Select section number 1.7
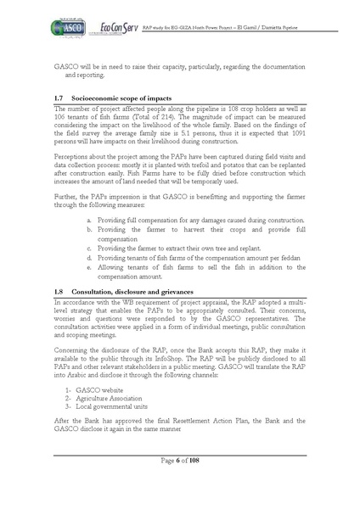coord(58,99)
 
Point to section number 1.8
coord(58,291)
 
